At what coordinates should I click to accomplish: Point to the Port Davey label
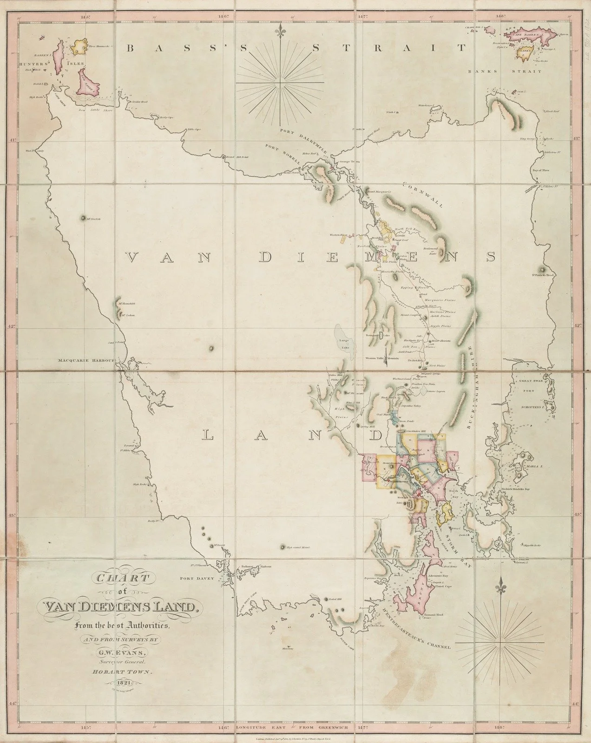pos(197,579)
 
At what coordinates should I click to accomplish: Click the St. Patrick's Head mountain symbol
pos(542,270)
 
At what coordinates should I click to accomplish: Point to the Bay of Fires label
pos(541,170)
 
